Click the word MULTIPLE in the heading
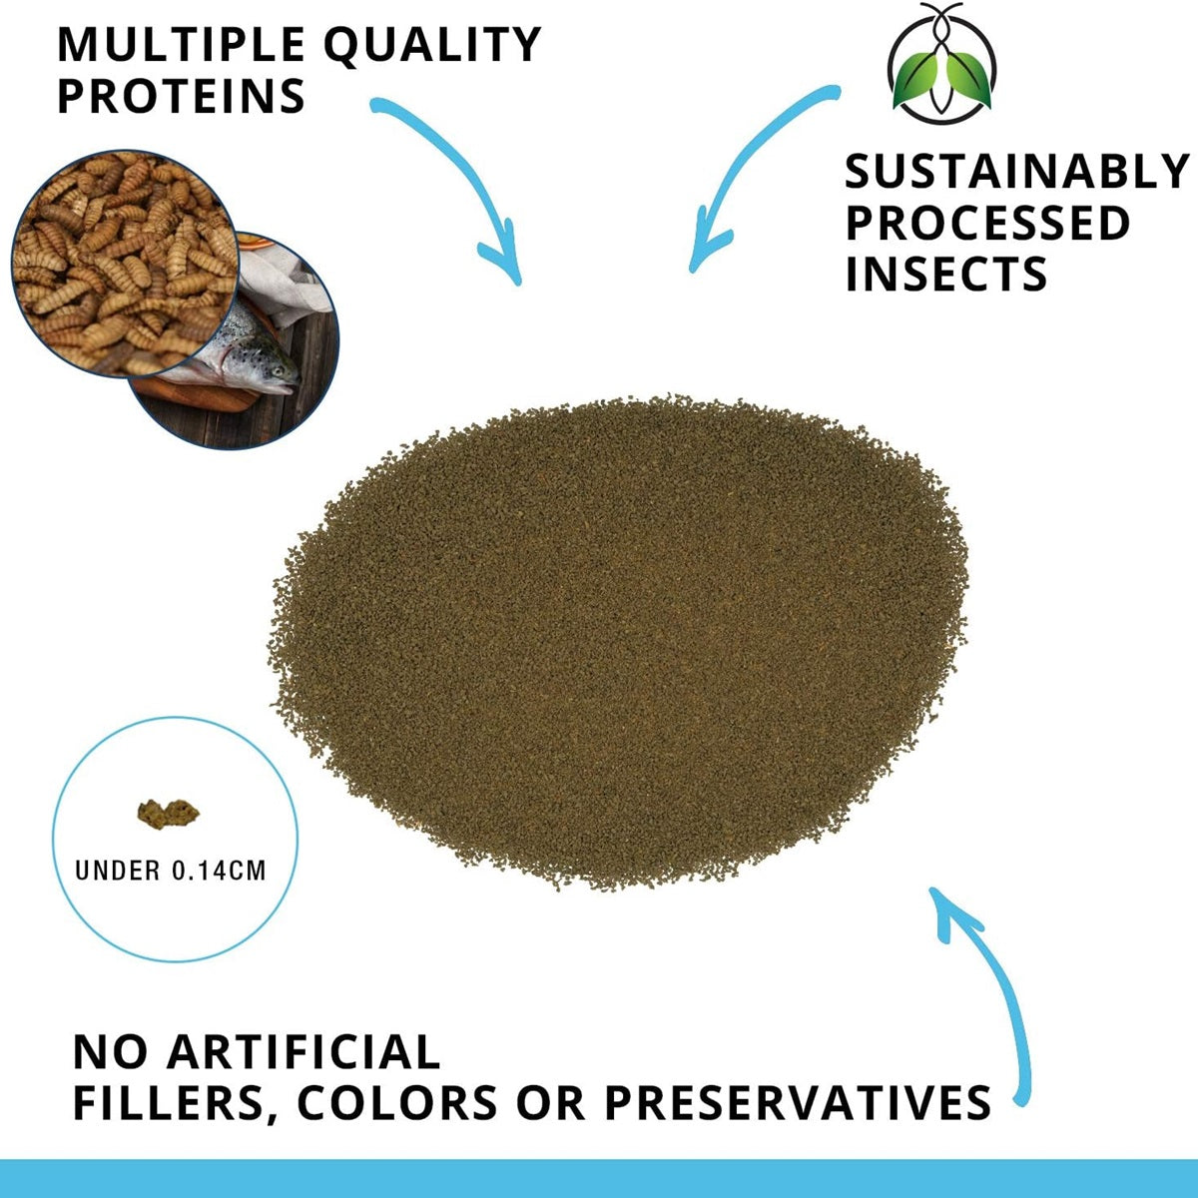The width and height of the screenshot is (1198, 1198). pyautogui.click(x=181, y=44)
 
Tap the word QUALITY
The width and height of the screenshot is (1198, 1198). pyautogui.click(x=433, y=45)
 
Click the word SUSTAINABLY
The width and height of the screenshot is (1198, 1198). pyautogui.click(x=1017, y=171)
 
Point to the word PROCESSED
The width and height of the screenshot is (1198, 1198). pyautogui.click(x=988, y=223)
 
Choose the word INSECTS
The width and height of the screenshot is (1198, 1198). pyautogui.click(x=946, y=274)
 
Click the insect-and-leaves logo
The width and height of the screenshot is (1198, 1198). pyautogui.click(x=941, y=63)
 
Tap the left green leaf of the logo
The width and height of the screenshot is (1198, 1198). pyautogui.click(x=916, y=80)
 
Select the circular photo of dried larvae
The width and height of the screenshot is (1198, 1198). pyautogui.click(x=125, y=264)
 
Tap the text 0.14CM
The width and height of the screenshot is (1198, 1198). pyautogui.click(x=219, y=871)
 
